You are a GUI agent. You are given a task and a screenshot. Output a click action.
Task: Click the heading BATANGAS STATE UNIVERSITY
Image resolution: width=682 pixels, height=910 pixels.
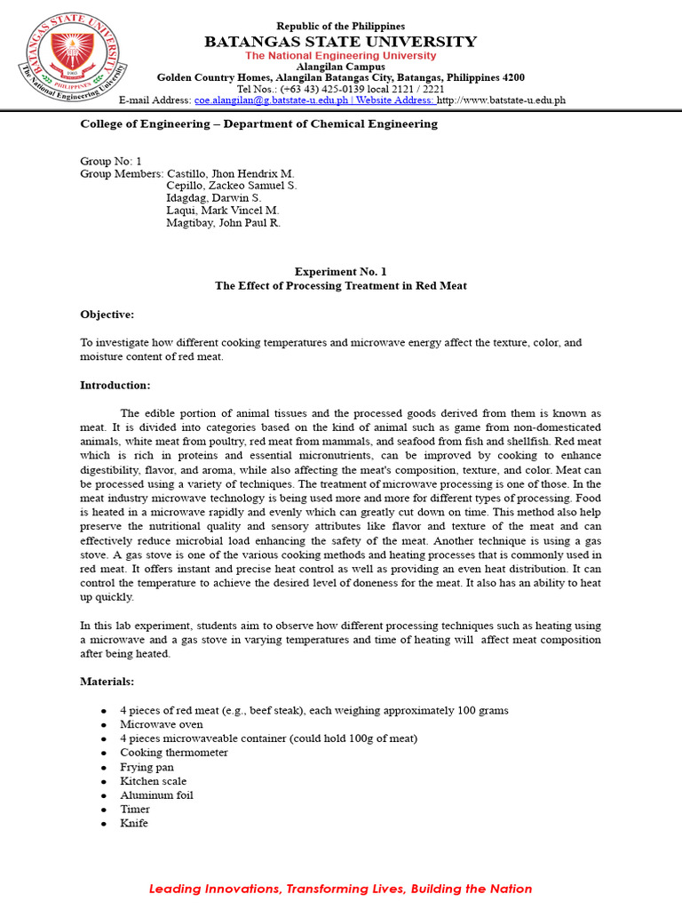(340, 42)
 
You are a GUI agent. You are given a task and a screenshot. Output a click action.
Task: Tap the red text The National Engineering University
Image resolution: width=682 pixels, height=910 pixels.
(340, 55)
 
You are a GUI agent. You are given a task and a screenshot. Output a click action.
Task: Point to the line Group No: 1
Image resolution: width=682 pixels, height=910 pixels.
(111, 161)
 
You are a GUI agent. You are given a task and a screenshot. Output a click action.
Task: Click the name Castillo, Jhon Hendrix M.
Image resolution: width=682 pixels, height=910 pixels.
(230, 173)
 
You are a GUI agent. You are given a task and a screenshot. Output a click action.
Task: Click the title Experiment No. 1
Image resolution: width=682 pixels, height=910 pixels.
(340, 272)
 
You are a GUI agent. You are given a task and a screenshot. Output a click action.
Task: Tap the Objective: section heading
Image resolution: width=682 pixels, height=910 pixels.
(107, 315)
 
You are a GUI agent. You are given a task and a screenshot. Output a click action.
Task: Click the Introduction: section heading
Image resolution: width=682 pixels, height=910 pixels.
(115, 386)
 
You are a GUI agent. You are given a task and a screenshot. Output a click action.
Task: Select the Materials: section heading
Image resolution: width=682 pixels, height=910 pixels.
(107, 682)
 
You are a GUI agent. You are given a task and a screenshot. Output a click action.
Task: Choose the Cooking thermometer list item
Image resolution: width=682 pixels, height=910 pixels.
(174, 753)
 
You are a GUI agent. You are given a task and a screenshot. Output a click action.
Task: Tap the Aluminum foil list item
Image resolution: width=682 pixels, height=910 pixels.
(156, 795)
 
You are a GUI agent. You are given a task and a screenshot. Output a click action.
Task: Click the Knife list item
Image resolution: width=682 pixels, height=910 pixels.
(134, 824)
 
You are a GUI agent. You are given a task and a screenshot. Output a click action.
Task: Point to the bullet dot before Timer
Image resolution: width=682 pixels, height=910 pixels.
(104, 810)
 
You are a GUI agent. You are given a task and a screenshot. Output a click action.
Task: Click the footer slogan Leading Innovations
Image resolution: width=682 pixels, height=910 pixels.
(340, 889)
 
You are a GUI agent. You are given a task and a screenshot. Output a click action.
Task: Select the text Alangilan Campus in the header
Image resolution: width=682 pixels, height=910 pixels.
(340, 67)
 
